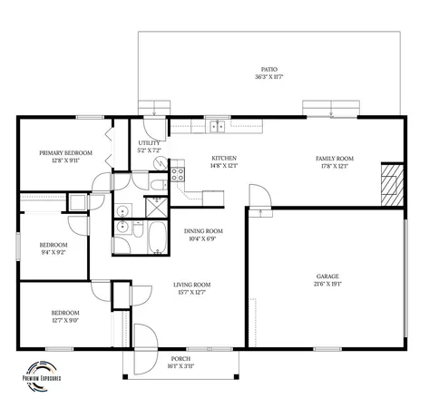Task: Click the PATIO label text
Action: pos(268,69)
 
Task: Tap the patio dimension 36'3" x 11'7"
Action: pos(268,77)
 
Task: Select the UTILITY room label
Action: pos(149,143)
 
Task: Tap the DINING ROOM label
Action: pos(204,231)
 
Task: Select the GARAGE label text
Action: pos(327,276)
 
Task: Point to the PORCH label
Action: pos(181,360)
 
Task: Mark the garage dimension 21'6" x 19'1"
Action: pos(327,284)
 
